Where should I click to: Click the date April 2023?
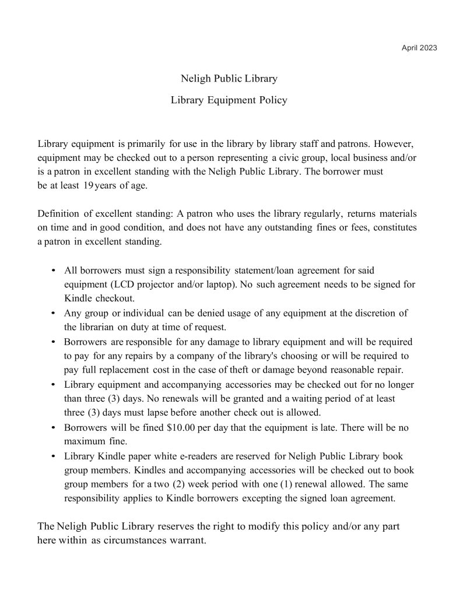(419, 47)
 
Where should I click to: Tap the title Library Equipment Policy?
(229, 100)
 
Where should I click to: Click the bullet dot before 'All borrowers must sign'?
(54, 271)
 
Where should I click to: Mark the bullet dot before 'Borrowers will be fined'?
(54, 427)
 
